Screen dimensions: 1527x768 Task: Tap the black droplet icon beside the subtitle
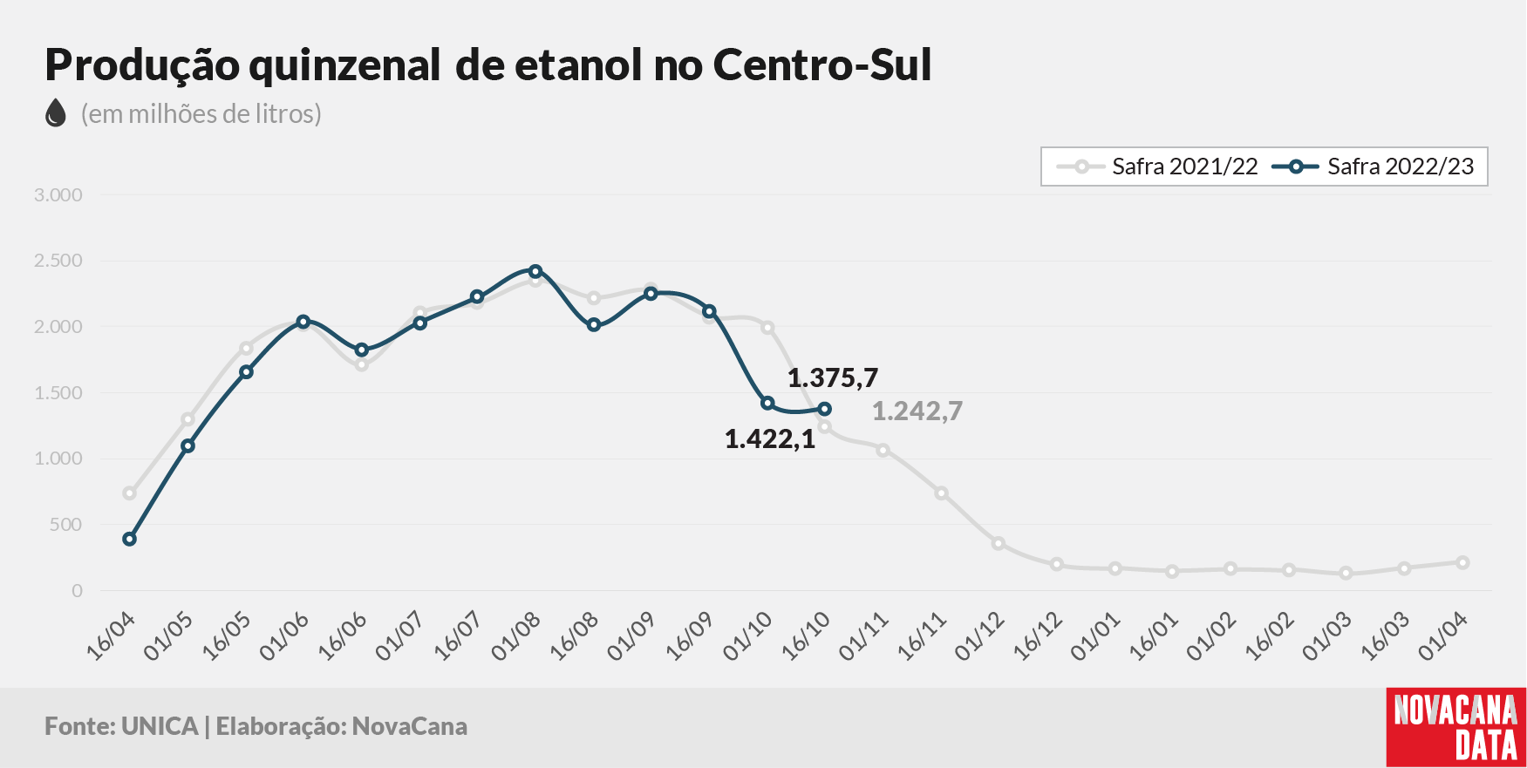56,113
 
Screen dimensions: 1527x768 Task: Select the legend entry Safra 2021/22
1157,167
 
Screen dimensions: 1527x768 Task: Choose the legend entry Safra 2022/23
1374,167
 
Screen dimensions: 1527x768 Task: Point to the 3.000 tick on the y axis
58,195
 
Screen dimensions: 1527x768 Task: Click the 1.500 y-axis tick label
58,393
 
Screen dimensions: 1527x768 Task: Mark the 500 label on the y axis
66,525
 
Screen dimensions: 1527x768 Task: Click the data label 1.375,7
833,378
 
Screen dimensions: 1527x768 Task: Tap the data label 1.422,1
770,439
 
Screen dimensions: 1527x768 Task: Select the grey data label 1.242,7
917,411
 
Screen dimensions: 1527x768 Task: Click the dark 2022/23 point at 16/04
130,540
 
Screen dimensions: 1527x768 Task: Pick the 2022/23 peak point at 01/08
535,271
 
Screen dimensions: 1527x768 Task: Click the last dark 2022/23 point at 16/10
825,409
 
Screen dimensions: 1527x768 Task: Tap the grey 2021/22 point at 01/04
1462,563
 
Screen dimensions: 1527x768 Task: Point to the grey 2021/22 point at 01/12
999,544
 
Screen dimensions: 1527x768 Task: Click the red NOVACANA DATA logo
1456,728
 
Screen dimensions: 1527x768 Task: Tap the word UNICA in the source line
160,727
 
